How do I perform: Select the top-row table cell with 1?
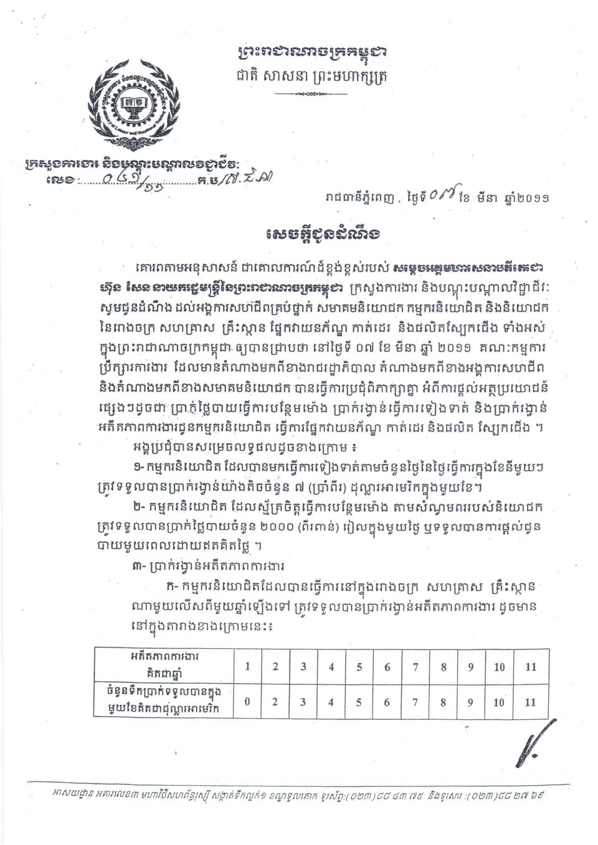coord(247,666)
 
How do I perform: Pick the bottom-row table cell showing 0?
coord(247,702)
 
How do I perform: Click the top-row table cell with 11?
coord(530,666)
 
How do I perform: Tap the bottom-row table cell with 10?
coord(500,702)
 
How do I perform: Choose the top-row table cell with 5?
coord(359,666)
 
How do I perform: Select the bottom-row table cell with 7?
coord(415,702)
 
